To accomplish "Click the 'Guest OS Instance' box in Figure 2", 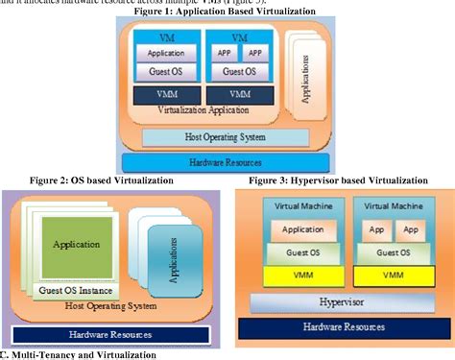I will coord(76,289).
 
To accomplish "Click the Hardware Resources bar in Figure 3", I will coord(343,327).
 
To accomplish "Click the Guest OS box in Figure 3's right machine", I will coord(391,252).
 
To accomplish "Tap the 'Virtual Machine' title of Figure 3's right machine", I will coord(391,205).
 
